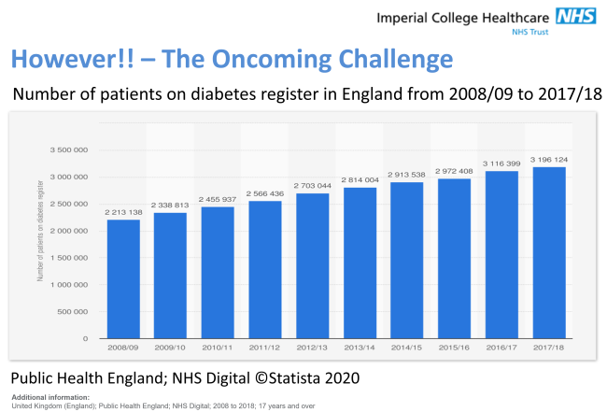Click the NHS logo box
577,16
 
